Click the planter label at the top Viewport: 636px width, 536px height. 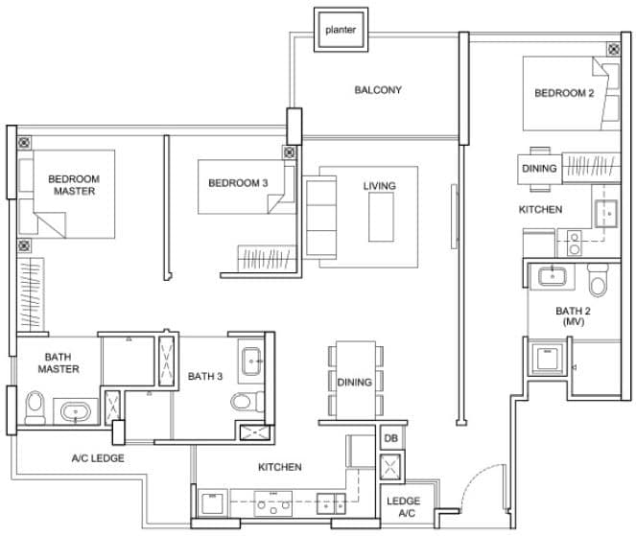pyautogui.click(x=340, y=30)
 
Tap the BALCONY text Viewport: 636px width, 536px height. pyautogui.click(x=378, y=90)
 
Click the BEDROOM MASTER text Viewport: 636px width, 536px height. pyautogui.click(x=73, y=184)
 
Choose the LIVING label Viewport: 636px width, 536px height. pyautogui.click(x=378, y=185)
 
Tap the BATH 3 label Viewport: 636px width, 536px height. pyautogui.click(x=205, y=376)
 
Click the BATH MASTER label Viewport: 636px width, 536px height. pyautogui.click(x=59, y=362)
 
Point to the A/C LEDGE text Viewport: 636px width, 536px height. pyautogui.click(x=98, y=457)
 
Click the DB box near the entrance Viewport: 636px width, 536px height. pyautogui.click(x=391, y=438)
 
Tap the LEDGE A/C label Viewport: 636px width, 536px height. pyautogui.click(x=402, y=506)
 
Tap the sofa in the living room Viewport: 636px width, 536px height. pyautogui.click(x=318, y=218)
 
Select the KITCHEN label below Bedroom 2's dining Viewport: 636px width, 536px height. pyautogui.click(x=540, y=209)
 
